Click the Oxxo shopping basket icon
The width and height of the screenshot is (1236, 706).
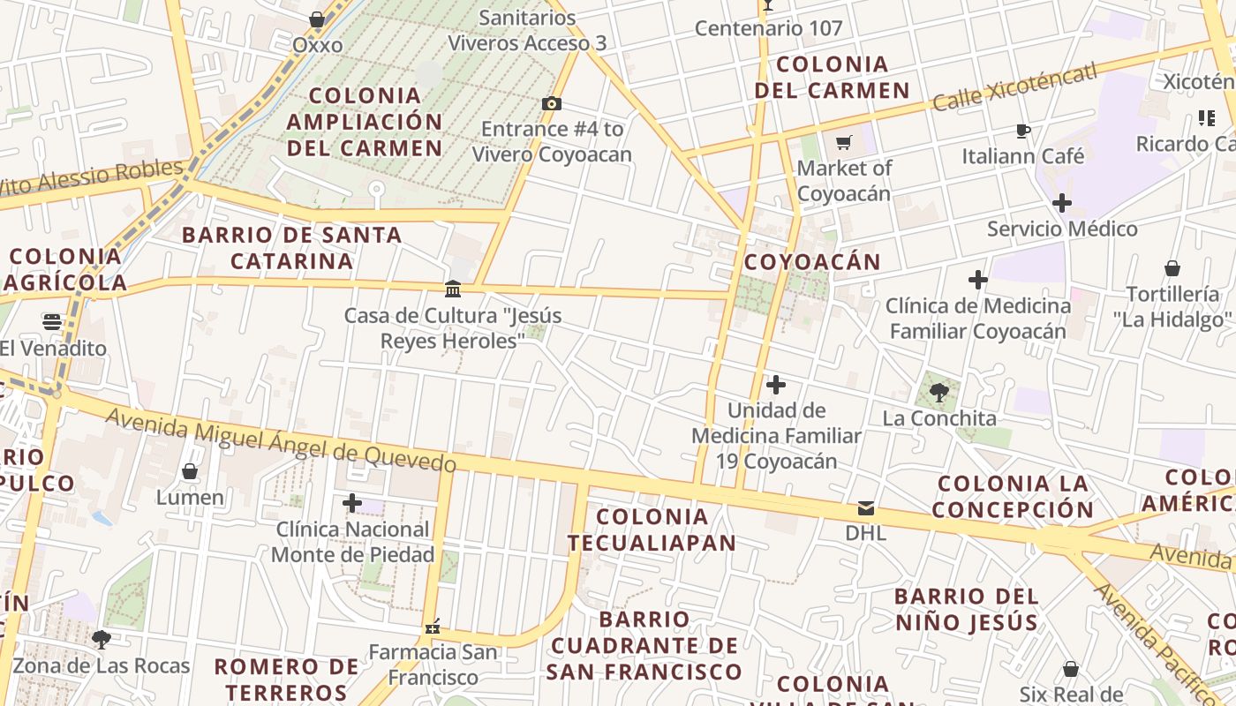coord(317,19)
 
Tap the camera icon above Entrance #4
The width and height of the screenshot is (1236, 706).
coord(552,104)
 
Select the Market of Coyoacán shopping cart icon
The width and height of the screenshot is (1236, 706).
coord(844,142)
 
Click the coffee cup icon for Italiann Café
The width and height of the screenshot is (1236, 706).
coord(1022,131)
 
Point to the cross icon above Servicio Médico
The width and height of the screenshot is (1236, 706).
coord(1062,203)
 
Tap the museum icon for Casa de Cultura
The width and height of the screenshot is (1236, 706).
coord(453,289)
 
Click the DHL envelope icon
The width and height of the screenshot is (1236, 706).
coord(865,508)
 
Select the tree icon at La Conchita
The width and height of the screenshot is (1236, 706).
coord(939,393)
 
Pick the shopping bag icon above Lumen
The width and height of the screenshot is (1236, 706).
coord(190,471)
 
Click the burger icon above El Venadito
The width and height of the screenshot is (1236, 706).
coord(52,322)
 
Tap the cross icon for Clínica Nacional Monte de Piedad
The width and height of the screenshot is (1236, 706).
coord(352,503)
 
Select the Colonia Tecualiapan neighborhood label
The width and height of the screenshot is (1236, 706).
coord(652,529)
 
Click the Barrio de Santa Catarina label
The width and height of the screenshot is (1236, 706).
coord(291,248)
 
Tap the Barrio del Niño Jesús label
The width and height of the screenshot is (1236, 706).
coord(967,609)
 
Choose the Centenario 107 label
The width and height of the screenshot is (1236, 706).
coord(768,28)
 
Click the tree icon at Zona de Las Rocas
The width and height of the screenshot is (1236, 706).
coord(102,638)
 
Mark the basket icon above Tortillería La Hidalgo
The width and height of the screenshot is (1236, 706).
coord(1172,268)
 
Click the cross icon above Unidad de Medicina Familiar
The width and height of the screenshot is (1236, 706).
coord(776,385)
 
